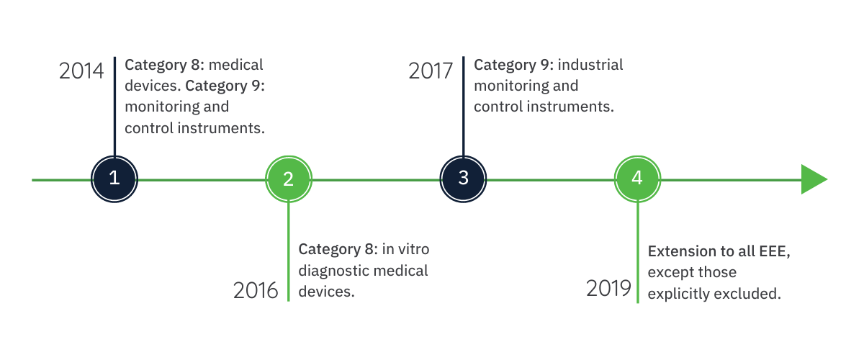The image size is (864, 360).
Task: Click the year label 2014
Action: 81,71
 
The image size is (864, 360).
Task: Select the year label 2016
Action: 256,291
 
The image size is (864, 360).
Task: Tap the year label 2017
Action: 431,71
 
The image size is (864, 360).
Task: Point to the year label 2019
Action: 608,288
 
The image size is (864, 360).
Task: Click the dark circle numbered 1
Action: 114,179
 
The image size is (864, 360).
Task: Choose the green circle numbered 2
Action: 289,179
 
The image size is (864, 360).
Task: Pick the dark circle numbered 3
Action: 463,179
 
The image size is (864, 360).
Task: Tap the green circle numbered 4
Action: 638,179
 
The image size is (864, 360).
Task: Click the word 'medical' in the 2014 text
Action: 235,65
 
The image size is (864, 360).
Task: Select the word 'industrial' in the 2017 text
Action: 590,65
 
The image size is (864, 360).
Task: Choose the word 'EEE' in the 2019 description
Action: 773,251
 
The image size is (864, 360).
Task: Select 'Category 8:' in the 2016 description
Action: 338,250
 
